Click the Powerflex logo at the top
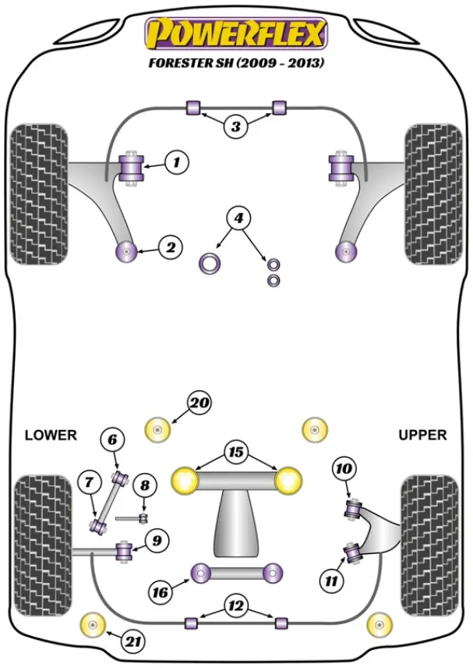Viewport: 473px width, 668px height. click(x=236, y=34)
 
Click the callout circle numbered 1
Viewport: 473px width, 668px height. click(x=177, y=162)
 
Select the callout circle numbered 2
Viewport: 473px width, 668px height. click(x=170, y=248)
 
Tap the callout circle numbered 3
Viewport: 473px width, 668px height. click(x=236, y=126)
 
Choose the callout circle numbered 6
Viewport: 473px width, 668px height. click(x=112, y=440)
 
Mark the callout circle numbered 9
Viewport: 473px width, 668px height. click(x=157, y=538)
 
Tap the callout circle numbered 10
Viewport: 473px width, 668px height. click(x=343, y=469)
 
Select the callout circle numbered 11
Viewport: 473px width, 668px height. click(x=331, y=580)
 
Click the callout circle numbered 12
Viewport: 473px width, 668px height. click(x=236, y=605)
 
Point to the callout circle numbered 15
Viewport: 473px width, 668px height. click(x=235, y=452)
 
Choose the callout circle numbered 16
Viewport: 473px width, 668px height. click(x=161, y=592)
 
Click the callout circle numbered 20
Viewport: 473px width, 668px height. click(x=199, y=403)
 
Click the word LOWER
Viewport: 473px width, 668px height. click(x=51, y=435)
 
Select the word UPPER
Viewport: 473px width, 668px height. click(x=422, y=435)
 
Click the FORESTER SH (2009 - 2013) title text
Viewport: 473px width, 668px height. click(x=236, y=62)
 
